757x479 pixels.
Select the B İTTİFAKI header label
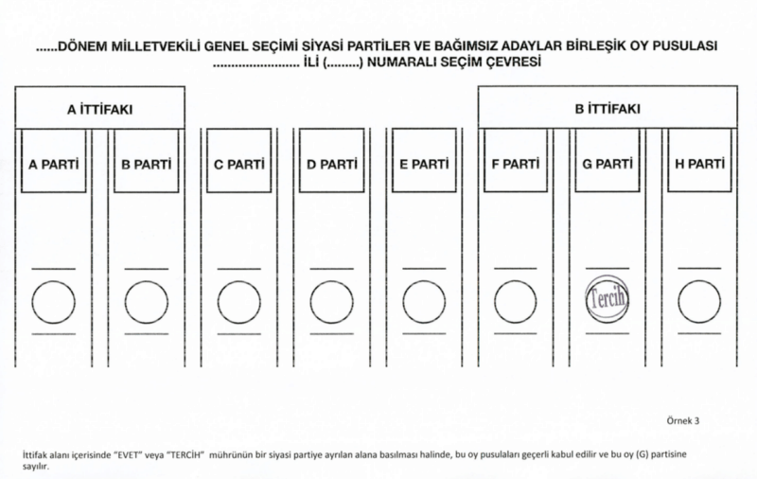click(x=607, y=109)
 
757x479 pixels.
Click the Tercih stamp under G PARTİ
click(x=607, y=299)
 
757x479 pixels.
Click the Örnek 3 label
click(x=683, y=420)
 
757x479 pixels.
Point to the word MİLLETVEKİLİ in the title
click(x=156, y=46)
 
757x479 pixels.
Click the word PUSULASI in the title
click(x=685, y=45)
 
